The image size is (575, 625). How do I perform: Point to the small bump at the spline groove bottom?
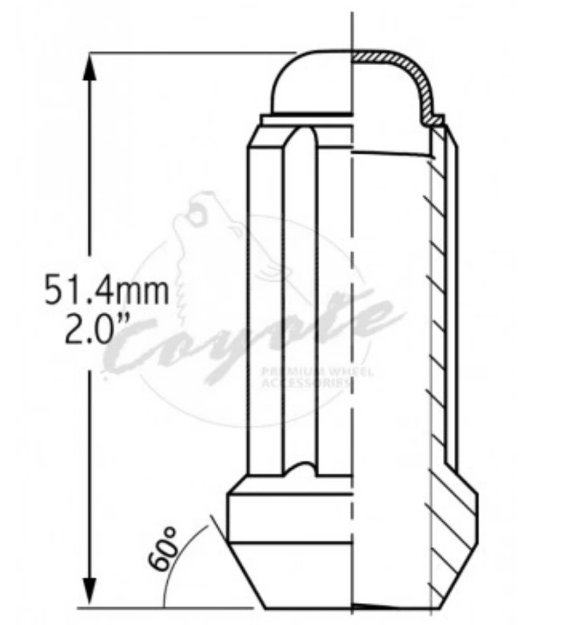pyautogui.click(x=300, y=467)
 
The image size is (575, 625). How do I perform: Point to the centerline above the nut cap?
pyautogui.click(x=352, y=29)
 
